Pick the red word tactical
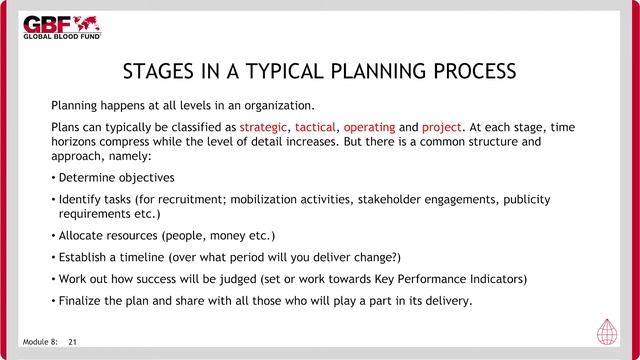click(x=315, y=128)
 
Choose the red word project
click(x=441, y=128)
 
